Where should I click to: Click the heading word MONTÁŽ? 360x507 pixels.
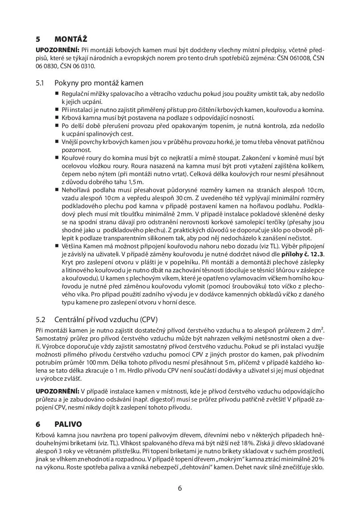[x=71, y=39]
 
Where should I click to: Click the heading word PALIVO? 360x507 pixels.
[x=68, y=424]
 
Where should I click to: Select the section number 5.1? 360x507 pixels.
[x=40, y=83]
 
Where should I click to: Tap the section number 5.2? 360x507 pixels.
[x=40, y=320]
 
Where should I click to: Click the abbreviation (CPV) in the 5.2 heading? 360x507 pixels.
[x=149, y=320]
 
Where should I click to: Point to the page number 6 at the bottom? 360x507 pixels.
[x=180, y=488]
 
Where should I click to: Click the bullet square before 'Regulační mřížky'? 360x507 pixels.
[x=57, y=93]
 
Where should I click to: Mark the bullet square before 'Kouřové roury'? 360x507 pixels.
[x=57, y=158]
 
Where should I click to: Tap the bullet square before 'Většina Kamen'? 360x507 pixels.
[x=57, y=246]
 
